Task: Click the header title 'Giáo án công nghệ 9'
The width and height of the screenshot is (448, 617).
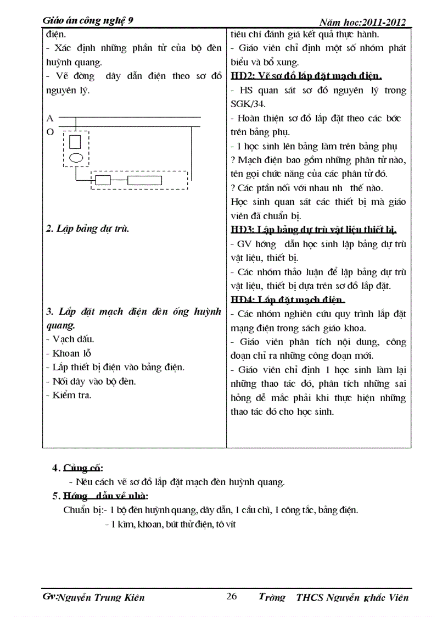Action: (x=88, y=21)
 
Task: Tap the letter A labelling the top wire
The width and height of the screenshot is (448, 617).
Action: (x=50, y=118)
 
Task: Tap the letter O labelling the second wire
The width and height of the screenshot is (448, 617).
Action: (x=50, y=132)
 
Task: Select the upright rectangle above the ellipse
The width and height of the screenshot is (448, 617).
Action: (x=75, y=142)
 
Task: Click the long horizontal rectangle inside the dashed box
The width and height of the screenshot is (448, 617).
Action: (x=144, y=180)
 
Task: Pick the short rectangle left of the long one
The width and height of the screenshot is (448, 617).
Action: (x=103, y=180)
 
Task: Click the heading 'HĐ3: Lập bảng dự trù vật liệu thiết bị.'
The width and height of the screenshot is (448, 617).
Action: (x=313, y=229)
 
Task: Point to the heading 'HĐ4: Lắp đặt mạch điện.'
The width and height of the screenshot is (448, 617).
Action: (x=288, y=299)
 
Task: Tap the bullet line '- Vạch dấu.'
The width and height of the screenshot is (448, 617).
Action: (x=70, y=339)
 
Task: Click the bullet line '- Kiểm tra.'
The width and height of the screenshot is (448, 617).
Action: (x=69, y=395)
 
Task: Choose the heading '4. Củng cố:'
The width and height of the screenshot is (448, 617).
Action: (x=78, y=468)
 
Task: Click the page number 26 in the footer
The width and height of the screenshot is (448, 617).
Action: (x=232, y=597)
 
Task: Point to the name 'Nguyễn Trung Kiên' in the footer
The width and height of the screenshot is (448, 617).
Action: (x=102, y=598)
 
